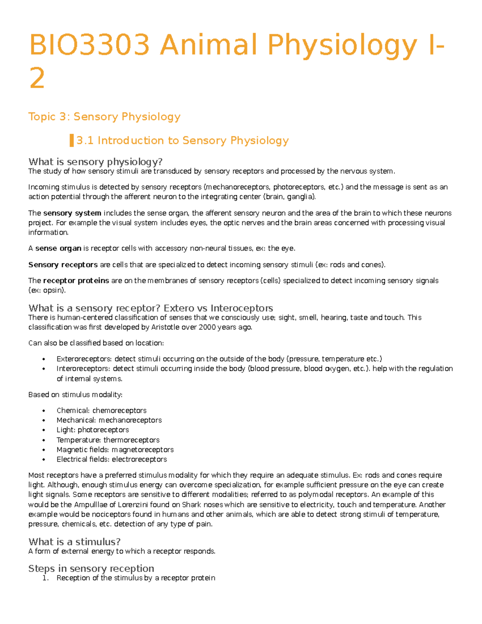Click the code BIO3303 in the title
click(90, 45)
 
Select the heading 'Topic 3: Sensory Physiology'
click(104, 117)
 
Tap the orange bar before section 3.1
click(71, 141)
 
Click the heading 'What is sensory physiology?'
click(96, 162)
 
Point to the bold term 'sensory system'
click(72, 213)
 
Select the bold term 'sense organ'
click(58, 248)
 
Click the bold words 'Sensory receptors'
click(63, 265)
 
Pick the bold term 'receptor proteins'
click(76, 280)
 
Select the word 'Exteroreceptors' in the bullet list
click(84, 359)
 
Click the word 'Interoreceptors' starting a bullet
click(83, 368)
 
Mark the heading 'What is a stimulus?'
click(75, 542)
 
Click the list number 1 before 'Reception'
click(45, 578)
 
